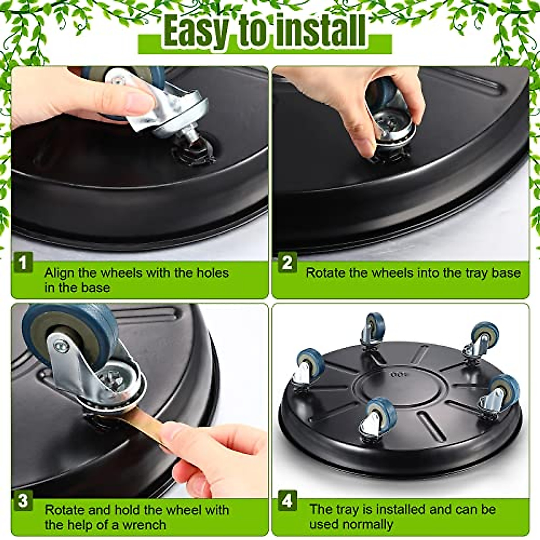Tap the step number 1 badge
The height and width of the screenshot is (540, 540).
(23, 263)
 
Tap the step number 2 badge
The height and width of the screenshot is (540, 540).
(287, 263)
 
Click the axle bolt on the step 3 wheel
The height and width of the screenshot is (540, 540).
(60, 346)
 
